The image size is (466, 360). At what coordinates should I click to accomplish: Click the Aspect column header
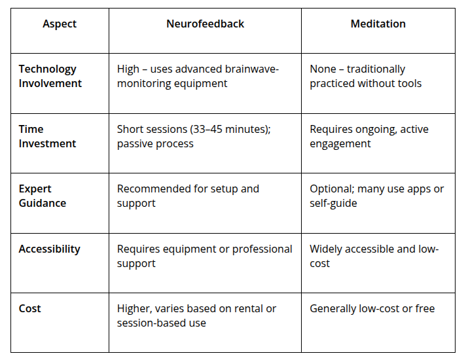point(60,24)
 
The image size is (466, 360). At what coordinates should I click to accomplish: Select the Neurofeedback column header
point(205,24)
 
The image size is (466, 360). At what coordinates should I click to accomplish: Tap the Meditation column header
point(378,24)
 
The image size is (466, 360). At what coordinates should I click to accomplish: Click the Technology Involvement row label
point(50,76)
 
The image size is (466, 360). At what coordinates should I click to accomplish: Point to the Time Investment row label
point(47,136)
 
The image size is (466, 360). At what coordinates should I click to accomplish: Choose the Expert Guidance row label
point(43,196)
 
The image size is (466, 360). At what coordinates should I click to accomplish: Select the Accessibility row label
point(49,249)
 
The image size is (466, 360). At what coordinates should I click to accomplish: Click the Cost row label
point(29,308)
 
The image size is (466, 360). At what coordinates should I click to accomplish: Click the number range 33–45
point(207,130)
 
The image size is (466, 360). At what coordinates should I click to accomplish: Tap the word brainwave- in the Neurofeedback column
point(252,69)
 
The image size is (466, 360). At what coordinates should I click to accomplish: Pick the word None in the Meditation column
point(323,69)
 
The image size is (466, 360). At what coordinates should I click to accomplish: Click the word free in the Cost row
point(425,308)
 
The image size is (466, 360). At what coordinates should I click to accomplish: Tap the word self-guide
point(333,204)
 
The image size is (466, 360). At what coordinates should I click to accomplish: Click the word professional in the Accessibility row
point(262,249)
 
